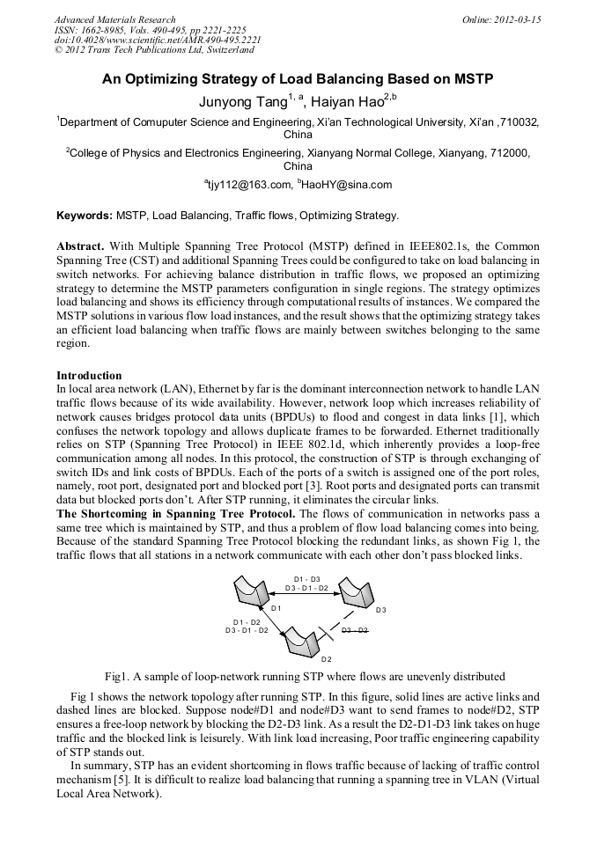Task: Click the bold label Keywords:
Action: coord(85,215)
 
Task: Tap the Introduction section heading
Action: coord(89,376)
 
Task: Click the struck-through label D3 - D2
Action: coord(355,631)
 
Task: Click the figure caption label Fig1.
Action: coord(117,677)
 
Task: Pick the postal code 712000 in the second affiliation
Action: coord(506,152)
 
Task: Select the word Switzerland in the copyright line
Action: coord(217,51)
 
